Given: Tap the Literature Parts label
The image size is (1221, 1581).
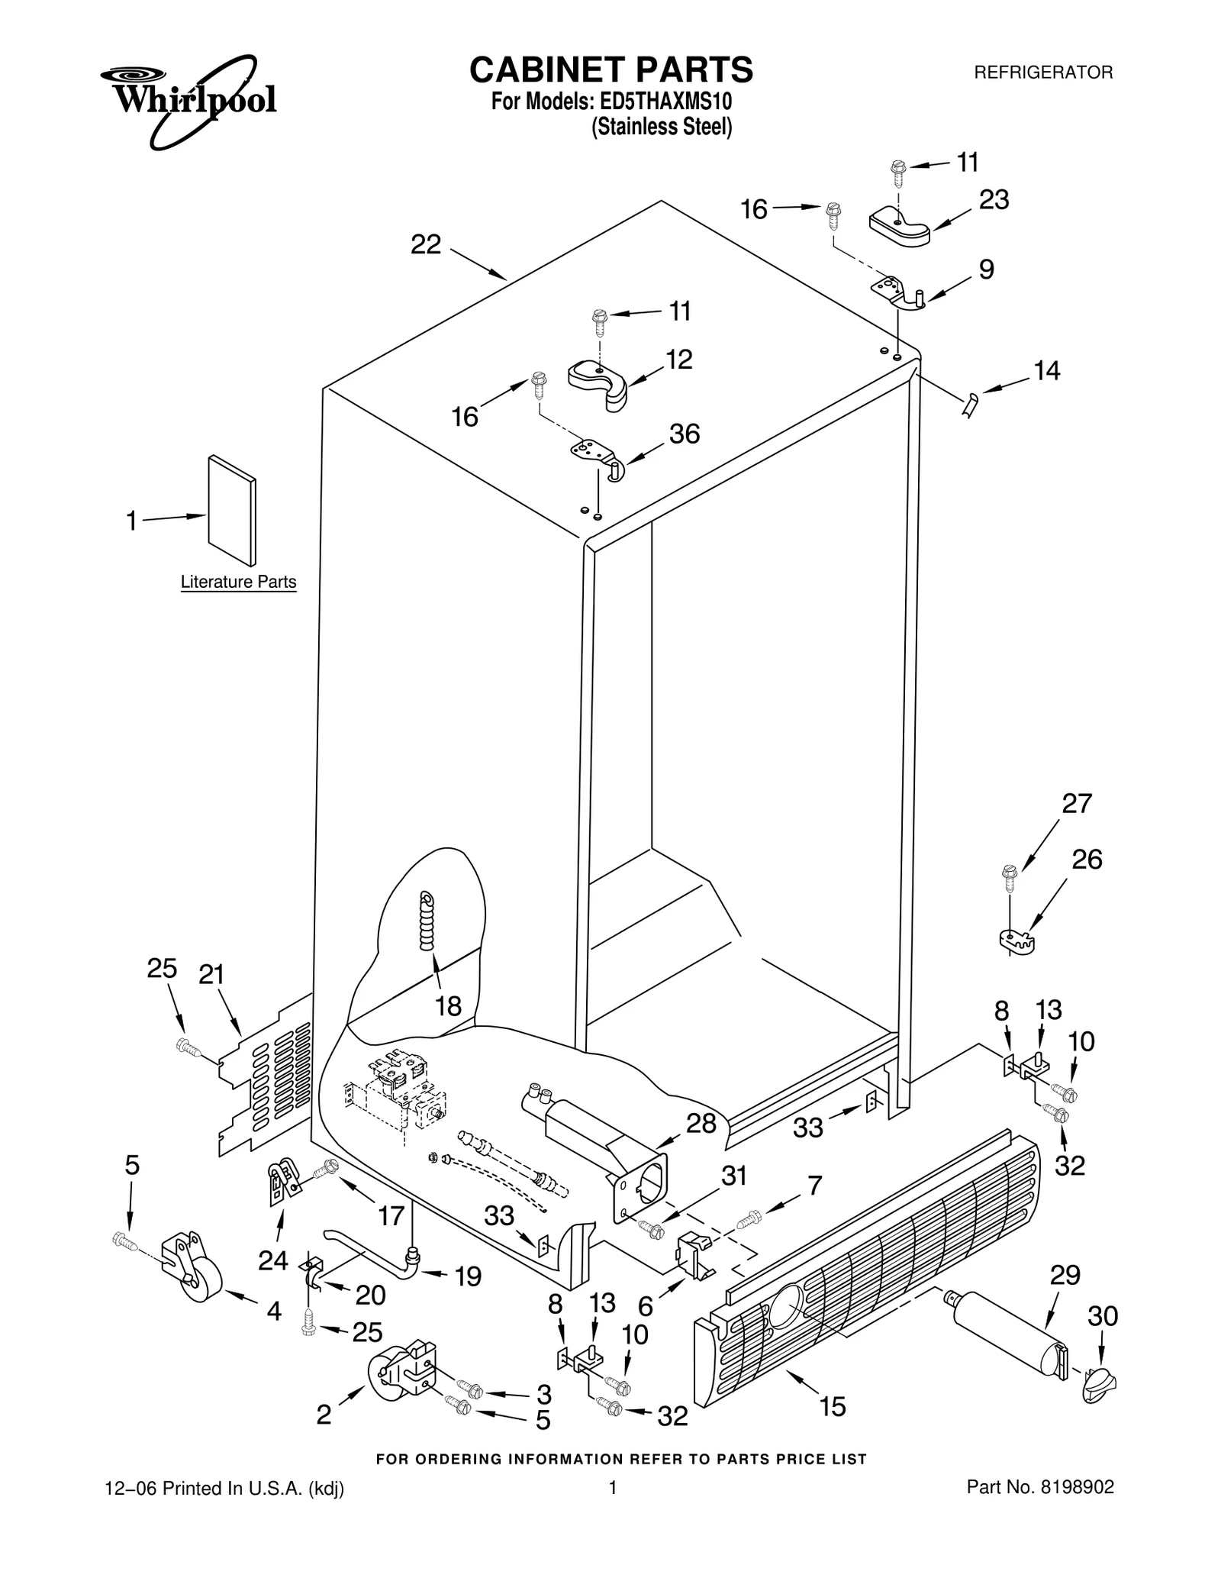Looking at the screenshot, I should tap(238, 582).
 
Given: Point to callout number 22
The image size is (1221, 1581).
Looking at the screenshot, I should tap(426, 244).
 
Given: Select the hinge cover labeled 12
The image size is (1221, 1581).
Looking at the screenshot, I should tap(599, 384).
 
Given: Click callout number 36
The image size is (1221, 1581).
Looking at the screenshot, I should tap(685, 434).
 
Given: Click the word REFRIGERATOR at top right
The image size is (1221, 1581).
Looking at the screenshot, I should tap(1043, 73).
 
